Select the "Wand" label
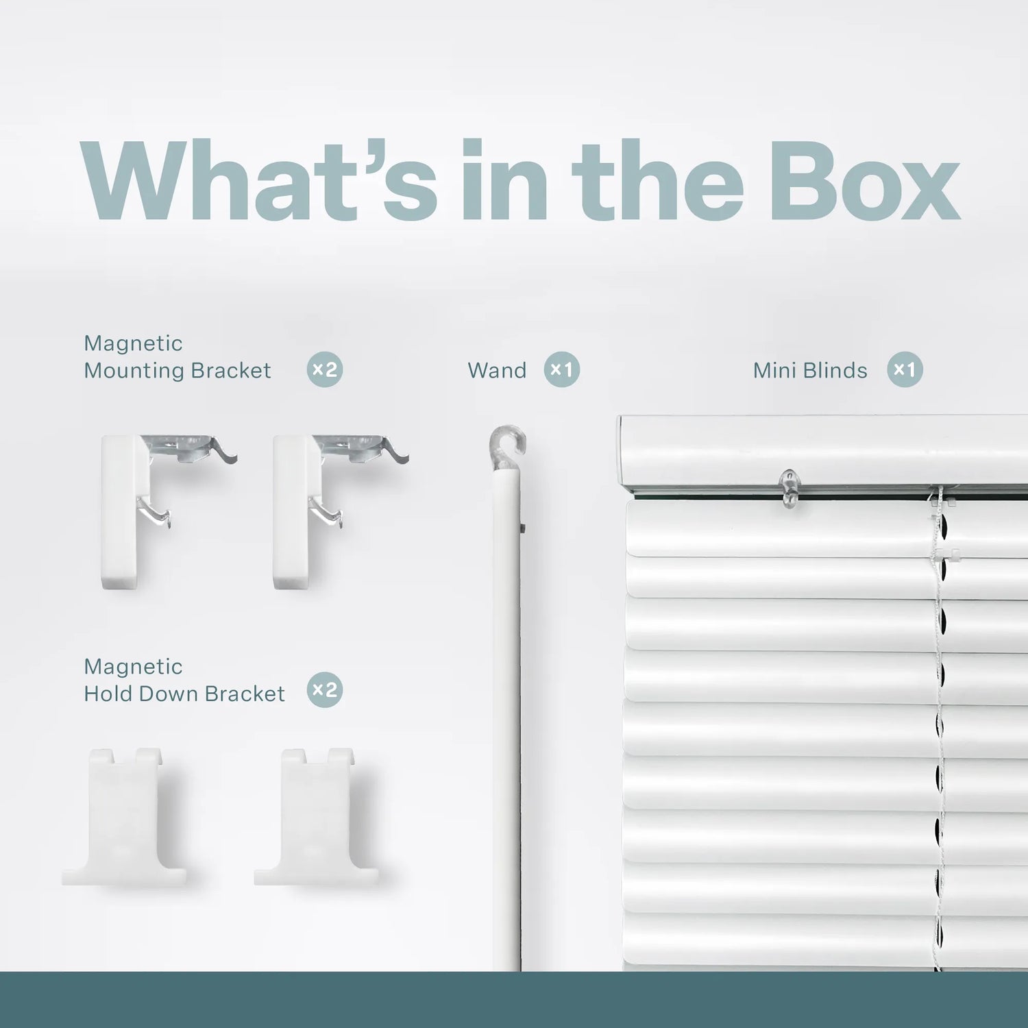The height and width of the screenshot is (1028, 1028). [497, 371]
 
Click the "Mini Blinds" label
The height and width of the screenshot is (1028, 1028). [810, 371]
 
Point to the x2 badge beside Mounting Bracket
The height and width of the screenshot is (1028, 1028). [325, 370]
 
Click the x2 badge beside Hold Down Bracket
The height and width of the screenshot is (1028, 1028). [325, 690]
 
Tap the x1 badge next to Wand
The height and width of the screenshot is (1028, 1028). [562, 370]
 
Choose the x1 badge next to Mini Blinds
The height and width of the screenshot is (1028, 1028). [905, 370]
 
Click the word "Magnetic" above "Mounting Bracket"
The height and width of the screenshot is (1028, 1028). [133, 343]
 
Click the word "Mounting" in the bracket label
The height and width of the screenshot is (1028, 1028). [134, 371]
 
